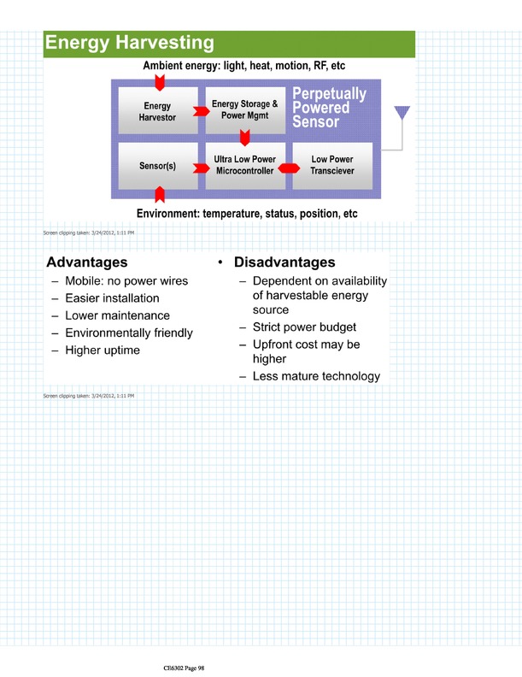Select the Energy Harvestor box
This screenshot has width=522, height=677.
[157, 111]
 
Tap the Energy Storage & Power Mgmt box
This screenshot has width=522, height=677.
[245, 109]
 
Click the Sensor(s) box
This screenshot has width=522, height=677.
[157, 165]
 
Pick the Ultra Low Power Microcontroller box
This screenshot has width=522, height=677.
[244, 165]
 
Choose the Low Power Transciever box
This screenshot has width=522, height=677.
[332, 165]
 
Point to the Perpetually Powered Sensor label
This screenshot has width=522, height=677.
[329, 108]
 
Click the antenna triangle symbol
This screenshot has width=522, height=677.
[401, 114]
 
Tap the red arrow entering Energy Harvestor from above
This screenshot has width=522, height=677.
[158, 83]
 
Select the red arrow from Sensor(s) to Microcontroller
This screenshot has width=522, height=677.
[201, 168]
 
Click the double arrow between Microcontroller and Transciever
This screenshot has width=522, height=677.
[288, 168]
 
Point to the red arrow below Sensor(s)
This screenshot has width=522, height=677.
[159, 196]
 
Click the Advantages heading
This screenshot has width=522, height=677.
[87, 262]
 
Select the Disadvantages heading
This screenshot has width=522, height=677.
[284, 262]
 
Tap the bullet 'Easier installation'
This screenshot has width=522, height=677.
[112, 298]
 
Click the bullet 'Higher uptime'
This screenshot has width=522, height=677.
[103, 350]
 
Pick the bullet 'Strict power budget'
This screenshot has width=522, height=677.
[304, 327]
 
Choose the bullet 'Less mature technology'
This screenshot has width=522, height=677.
[316, 376]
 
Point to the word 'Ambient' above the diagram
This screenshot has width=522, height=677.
[168, 66]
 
